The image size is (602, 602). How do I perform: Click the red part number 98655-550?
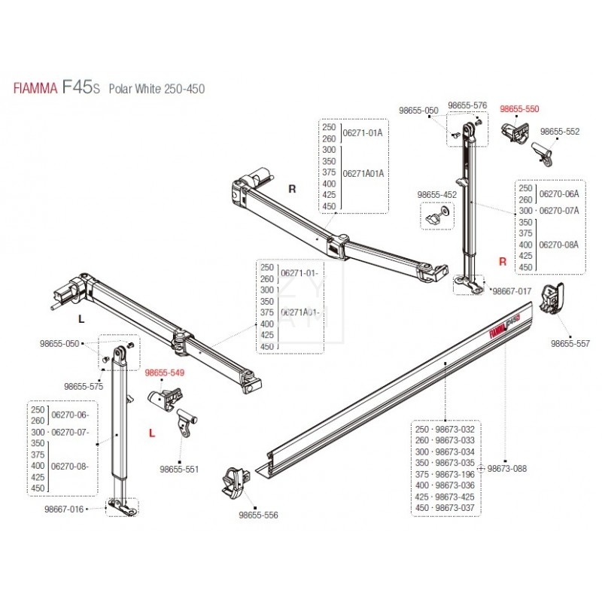click(520, 109)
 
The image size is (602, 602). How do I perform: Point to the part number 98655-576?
click(467, 105)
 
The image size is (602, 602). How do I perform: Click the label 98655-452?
click(436, 195)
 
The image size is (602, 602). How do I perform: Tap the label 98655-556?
click(258, 515)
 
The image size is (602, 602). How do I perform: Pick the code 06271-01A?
click(363, 132)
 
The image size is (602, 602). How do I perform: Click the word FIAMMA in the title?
click(35, 89)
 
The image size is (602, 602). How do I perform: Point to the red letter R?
click(503, 261)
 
